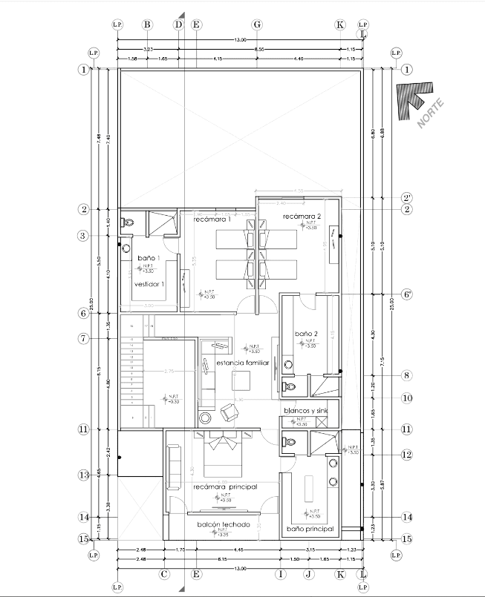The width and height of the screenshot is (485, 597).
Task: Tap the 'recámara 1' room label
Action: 212,220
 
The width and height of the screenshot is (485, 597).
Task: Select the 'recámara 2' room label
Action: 300,216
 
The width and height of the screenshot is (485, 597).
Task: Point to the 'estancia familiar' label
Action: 242,363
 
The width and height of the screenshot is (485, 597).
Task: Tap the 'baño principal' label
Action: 310,529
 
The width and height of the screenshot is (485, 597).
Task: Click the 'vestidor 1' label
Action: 149,283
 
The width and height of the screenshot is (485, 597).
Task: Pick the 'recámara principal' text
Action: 224,486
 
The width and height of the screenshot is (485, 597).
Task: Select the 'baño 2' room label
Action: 306,334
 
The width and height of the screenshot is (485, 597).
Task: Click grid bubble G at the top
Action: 257,24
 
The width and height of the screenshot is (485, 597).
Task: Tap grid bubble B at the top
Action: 147,24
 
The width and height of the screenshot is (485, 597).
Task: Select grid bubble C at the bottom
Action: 164,573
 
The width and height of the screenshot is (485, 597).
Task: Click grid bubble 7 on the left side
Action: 84,339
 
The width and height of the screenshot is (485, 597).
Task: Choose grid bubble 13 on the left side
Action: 84,475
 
